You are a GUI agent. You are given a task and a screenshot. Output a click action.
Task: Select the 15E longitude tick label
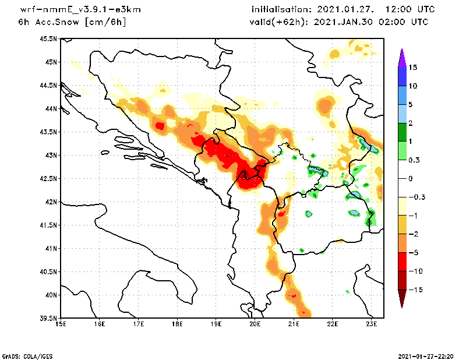(x=60, y=324)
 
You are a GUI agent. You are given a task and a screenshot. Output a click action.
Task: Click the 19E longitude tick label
(x=216, y=324)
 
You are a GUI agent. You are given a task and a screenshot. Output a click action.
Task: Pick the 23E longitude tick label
(x=372, y=324)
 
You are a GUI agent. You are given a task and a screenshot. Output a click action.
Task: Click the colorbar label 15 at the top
(x=413, y=67)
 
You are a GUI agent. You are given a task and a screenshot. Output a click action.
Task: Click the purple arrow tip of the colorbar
(x=401, y=57)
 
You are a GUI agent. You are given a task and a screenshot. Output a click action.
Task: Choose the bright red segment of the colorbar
(x=401, y=262)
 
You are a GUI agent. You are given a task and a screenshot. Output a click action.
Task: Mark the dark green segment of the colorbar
(x=401, y=132)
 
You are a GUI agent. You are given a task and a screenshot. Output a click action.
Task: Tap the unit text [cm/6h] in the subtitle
(x=105, y=22)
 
